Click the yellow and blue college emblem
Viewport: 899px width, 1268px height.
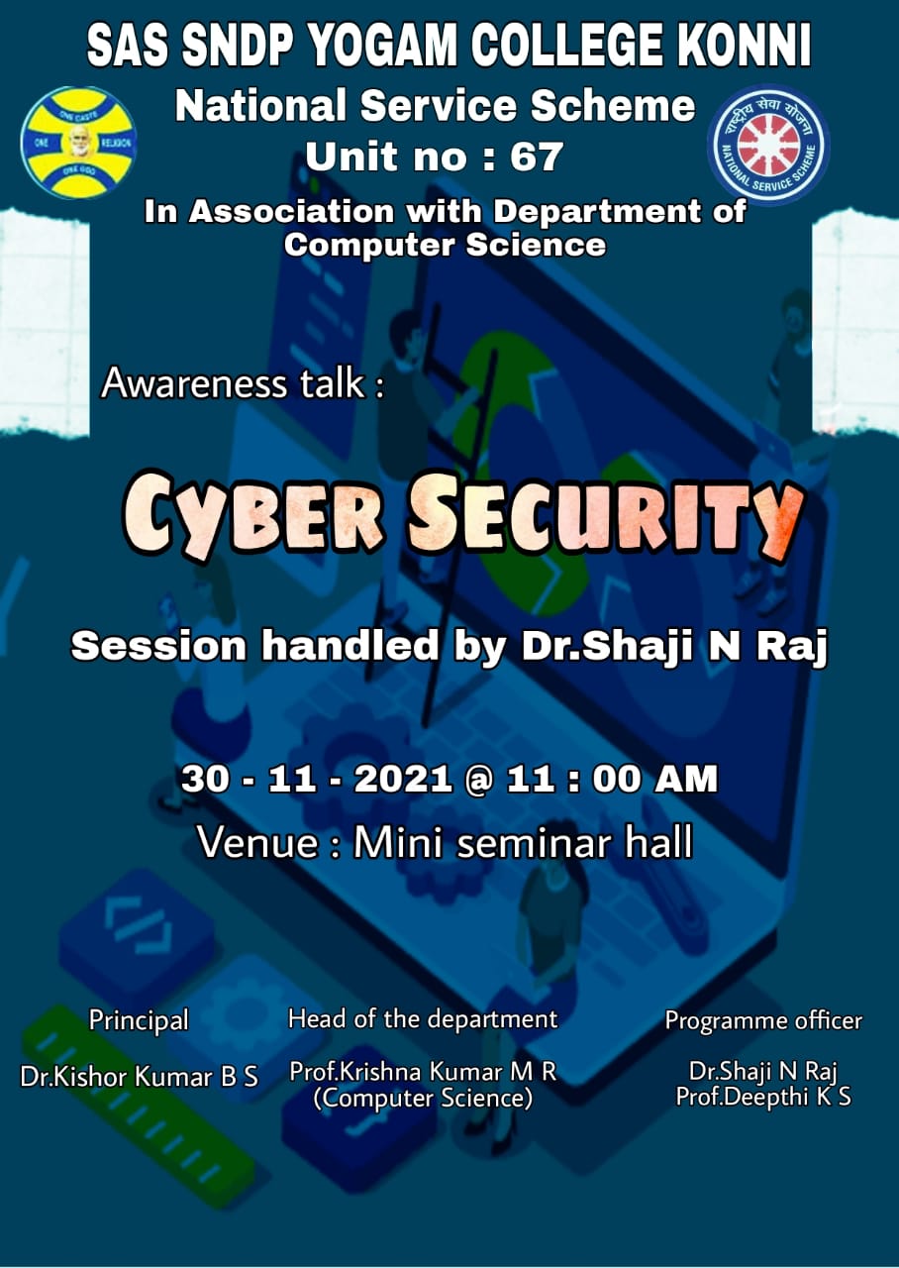pos(78,142)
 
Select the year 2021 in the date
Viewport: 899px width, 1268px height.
pos(403,779)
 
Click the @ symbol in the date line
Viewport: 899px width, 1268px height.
pos(478,780)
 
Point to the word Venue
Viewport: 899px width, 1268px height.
pos(257,843)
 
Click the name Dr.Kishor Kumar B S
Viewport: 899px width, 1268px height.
pos(140,1077)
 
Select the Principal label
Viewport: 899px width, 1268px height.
pos(139,1020)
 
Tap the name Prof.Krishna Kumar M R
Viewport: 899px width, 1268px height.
pos(423,1072)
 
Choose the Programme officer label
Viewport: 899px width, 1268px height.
pos(763,1020)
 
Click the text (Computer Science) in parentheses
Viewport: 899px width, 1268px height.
pos(423,1099)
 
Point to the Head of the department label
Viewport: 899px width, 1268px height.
pos(423,1019)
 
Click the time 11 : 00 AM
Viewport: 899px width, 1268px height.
pos(612,779)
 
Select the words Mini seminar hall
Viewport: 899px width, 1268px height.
pos(524,842)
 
